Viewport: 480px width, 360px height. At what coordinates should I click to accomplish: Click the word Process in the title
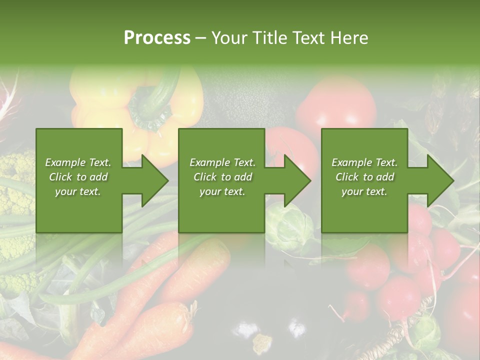click(157, 38)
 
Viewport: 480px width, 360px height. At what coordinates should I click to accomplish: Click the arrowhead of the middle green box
click(296, 181)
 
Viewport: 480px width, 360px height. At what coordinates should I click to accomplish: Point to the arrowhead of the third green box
click(439, 181)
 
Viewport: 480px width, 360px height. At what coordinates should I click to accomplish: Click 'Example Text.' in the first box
click(78, 162)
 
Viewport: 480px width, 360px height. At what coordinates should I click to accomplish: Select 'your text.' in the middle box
click(222, 191)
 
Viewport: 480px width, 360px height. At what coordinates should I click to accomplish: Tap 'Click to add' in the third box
click(365, 177)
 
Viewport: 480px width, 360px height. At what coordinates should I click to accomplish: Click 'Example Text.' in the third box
click(365, 162)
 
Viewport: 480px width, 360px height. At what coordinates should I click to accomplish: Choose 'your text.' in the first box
click(78, 191)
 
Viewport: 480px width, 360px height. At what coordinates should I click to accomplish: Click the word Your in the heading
click(229, 38)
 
